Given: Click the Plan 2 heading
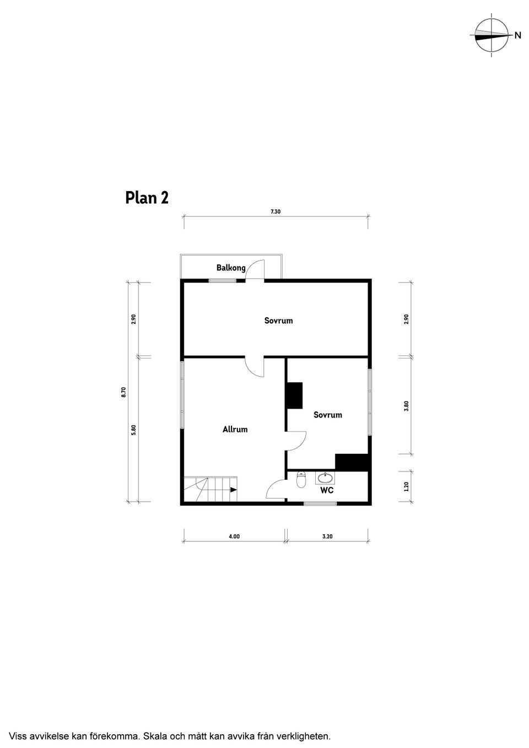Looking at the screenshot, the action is (x=147, y=197).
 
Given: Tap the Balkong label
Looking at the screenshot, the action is (x=231, y=268).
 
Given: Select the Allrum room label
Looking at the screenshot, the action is (x=235, y=430).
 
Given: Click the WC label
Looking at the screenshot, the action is (x=327, y=491).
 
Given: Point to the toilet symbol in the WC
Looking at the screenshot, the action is (x=301, y=480).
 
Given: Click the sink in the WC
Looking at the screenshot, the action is (x=325, y=478).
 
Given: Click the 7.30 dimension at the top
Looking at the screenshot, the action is (x=276, y=212).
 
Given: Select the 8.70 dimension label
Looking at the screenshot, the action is (x=124, y=392).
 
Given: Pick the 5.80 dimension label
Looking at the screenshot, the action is (x=133, y=430).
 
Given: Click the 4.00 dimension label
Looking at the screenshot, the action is (x=234, y=536).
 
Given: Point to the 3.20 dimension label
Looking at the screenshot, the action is (x=328, y=536).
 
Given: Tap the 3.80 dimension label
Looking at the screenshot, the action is (x=407, y=406).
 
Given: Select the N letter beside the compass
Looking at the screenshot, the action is (x=518, y=35).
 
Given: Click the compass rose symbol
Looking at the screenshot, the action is (x=492, y=35).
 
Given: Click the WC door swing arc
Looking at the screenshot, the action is (x=272, y=485).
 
